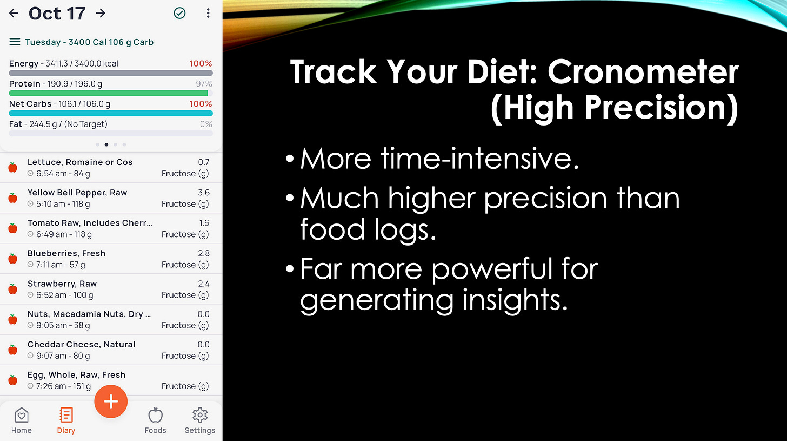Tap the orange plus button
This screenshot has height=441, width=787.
[111, 401]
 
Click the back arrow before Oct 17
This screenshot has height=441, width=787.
[14, 13]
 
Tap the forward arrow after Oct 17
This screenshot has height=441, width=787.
[101, 13]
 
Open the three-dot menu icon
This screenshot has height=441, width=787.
[208, 14]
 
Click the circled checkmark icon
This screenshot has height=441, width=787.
[179, 14]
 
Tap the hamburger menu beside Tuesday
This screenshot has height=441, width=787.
[15, 42]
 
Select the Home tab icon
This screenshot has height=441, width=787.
[21, 416]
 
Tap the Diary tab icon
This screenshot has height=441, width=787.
[66, 416]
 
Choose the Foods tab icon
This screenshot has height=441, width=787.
[155, 416]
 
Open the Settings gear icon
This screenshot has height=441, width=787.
[200, 416]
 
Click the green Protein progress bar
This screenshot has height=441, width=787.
[108, 93]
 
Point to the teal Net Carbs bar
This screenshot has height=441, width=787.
[111, 113]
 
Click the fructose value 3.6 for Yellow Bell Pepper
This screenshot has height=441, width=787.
[204, 193]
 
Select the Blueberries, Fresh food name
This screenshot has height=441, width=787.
[66, 253]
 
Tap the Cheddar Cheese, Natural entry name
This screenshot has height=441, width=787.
[81, 344]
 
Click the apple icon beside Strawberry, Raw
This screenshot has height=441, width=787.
[13, 289]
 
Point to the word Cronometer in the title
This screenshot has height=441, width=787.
[643, 72]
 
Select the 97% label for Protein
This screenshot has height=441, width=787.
[204, 84]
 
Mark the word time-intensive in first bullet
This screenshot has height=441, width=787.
[480, 159]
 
